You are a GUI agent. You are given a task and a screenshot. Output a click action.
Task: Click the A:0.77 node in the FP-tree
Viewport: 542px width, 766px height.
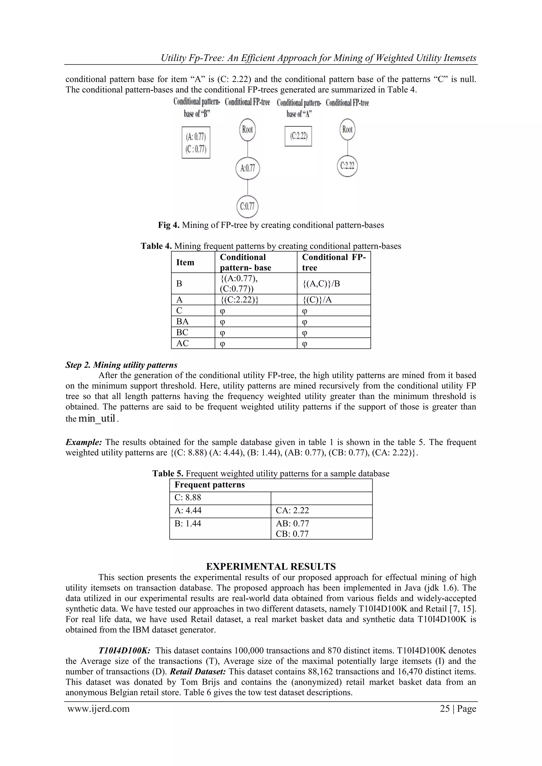(x=247, y=168)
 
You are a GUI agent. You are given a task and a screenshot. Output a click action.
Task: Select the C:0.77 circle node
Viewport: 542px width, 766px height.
(x=247, y=206)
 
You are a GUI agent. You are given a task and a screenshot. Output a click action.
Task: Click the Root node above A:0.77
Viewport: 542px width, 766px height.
(x=247, y=129)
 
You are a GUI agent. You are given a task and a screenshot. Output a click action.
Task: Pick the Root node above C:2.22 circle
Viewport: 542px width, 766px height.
(x=347, y=129)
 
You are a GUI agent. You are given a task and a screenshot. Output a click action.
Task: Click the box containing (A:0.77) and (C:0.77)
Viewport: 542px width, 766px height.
(x=196, y=142)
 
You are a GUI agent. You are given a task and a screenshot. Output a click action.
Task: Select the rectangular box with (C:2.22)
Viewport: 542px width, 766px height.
(x=298, y=136)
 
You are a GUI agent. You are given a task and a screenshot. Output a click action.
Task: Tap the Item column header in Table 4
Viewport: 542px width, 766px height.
(x=185, y=262)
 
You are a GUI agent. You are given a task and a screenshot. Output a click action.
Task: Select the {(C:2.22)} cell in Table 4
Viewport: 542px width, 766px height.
(x=239, y=300)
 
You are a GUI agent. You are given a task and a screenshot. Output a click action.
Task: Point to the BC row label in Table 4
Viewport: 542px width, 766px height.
(x=182, y=332)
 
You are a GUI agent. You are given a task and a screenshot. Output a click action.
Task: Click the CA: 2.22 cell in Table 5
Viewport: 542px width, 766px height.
(x=292, y=510)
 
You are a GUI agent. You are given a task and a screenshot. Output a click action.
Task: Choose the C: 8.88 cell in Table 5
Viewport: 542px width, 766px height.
(x=188, y=497)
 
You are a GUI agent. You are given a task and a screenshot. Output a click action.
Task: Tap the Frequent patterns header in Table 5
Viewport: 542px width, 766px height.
(x=210, y=485)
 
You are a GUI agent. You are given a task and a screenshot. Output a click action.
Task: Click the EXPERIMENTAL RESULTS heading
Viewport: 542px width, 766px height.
(x=271, y=566)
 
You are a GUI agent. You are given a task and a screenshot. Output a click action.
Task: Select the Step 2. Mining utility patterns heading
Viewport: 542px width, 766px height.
(x=121, y=365)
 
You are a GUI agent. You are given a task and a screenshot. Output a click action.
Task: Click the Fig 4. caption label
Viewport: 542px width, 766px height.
(x=169, y=225)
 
